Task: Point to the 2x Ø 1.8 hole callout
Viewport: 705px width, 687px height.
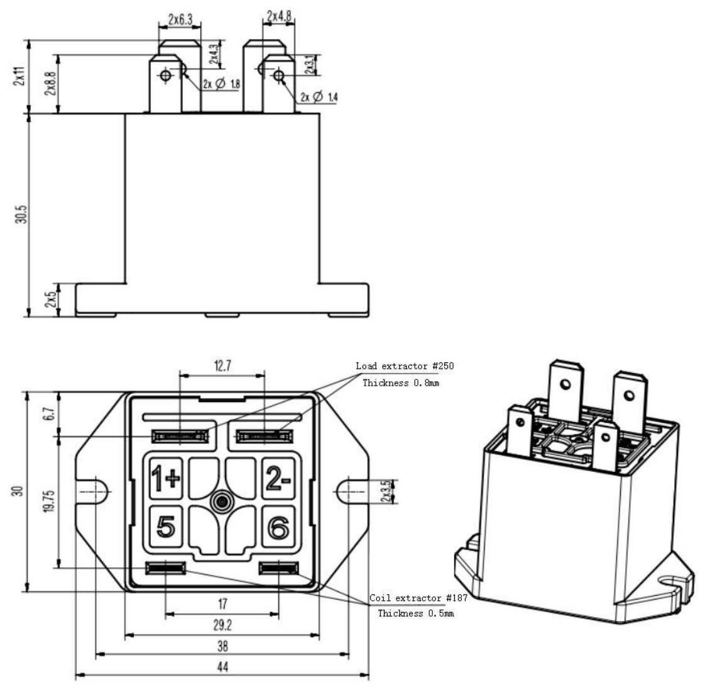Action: click(x=222, y=83)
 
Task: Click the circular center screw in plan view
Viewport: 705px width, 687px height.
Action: click(x=221, y=501)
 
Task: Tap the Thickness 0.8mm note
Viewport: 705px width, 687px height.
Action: click(x=400, y=383)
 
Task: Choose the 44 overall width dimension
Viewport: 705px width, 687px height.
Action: click(x=222, y=667)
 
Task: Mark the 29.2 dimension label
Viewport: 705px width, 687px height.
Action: click(x=222, y=625)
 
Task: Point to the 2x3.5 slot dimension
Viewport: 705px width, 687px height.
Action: click(x=393, y=490)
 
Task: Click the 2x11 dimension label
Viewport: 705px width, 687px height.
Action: click(x=21, y=77)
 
